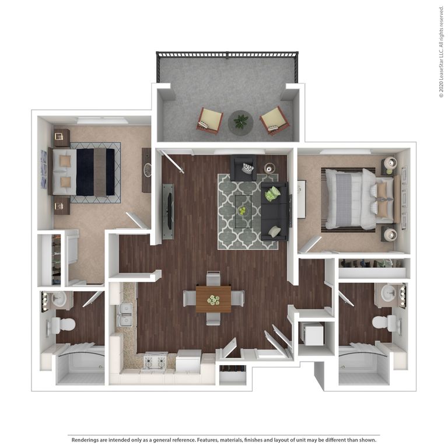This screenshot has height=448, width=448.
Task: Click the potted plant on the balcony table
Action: [240, 121]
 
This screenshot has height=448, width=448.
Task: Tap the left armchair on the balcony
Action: [209, 120]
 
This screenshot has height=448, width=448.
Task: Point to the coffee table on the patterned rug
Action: [243, 211]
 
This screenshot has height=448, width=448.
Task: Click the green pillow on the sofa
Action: [272, 194]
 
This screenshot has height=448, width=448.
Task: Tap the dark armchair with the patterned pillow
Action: [243, 167]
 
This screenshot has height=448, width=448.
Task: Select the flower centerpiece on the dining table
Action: [213, 300]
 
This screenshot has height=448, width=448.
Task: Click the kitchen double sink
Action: [124, 314]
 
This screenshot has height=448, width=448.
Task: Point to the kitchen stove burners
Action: [155, 362]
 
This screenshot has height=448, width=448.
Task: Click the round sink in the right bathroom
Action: [388, 293]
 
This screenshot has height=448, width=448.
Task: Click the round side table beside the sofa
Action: [269, 168]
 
